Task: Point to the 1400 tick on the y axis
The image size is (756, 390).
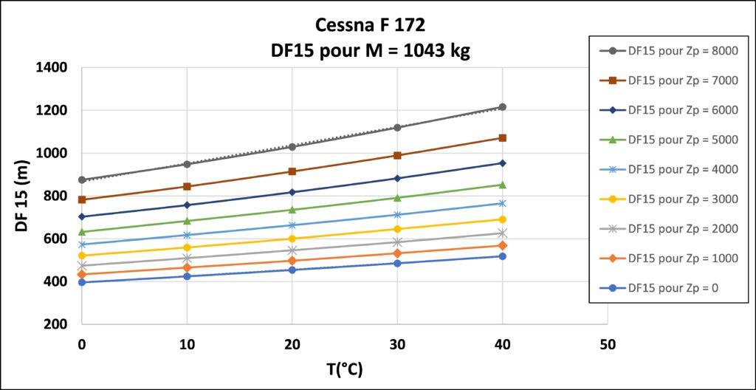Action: pyautogui.click(x=52, y=68)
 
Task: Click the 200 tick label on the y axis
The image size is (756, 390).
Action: pyautogui.click(x=55, y=325)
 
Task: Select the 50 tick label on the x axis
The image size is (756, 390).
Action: pyautogui.click(x=607, y=344)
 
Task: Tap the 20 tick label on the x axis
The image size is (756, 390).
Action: pyautogui.click(x=292, y=344)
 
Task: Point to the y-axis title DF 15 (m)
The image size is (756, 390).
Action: pyautogui.click(x=22, y=196)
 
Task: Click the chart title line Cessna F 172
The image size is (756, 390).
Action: pyautogui.click(x=370, y=26)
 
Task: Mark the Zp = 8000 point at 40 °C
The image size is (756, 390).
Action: pyautogui.click(x=502, y=107)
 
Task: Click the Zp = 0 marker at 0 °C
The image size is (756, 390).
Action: pyautogui.click(x=82, y=282)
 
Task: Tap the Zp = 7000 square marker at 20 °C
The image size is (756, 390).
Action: pyautogui.click(x=292, y=171)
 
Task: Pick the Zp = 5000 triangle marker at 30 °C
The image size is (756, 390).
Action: pyautogui.click(x=397, y=197)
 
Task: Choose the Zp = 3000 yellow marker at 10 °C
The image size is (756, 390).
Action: pyautogui.click(x=187, y=247)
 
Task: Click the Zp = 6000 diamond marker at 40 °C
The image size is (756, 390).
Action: pyautogui.click(x=502, y=163)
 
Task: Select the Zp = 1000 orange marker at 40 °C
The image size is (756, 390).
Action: pyautogui.click(x=502, y=245)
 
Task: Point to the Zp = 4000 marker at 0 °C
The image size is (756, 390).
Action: pyautogui.click(x=82, y=244)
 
